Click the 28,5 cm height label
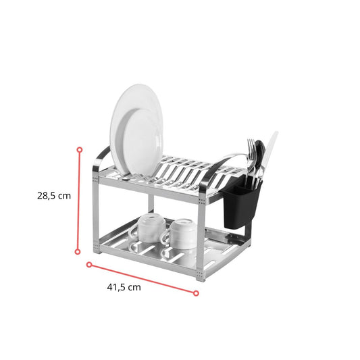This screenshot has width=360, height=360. point(54,196)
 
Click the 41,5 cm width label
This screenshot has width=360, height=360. point(124,287)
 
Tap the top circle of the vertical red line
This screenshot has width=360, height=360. point(80,150)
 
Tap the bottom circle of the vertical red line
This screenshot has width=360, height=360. point(78,252)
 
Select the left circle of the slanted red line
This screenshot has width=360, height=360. point(89,265)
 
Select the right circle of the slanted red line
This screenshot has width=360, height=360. point(196,293)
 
